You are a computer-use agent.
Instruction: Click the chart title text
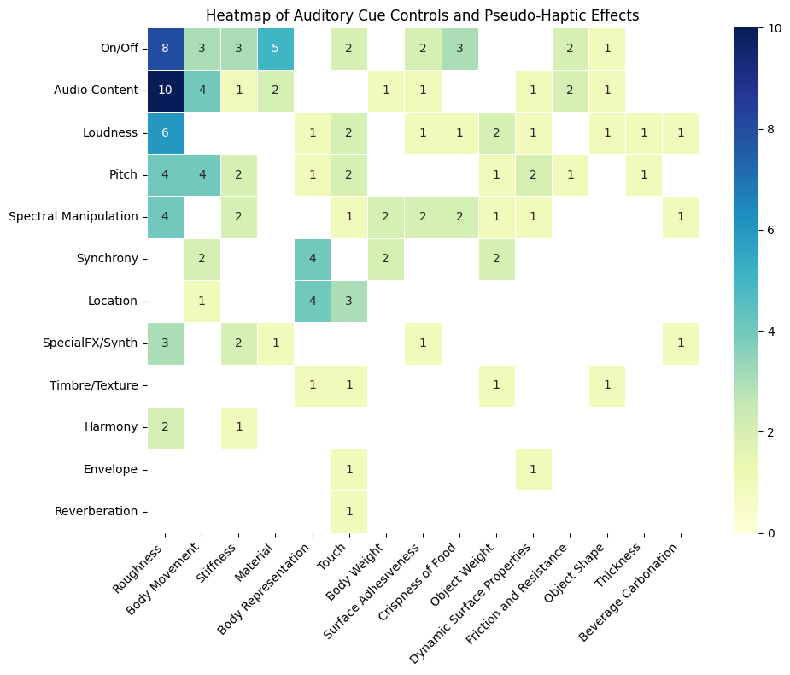pos(422,15)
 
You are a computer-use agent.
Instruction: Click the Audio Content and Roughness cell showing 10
pos(166,91)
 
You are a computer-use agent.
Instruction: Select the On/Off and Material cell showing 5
pos(276,49)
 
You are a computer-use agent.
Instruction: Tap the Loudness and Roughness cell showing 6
pos(166,132)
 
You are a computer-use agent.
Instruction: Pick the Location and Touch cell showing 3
pos(349,301)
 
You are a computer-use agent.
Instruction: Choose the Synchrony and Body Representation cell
pos(313,259)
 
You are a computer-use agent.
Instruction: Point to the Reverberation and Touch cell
pos(349,511)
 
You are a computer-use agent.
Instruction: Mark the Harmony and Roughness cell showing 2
pos(166,427)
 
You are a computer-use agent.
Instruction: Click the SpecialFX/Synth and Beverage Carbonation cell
pos(680,343)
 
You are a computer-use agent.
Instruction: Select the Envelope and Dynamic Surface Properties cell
pos(533,469)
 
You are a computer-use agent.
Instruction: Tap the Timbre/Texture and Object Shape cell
pos(606,385)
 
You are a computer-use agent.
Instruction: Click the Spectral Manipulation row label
pos(73,217)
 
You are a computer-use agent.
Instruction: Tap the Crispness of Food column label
pos(427,590)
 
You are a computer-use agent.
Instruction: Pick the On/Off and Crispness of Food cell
pos(459,49)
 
